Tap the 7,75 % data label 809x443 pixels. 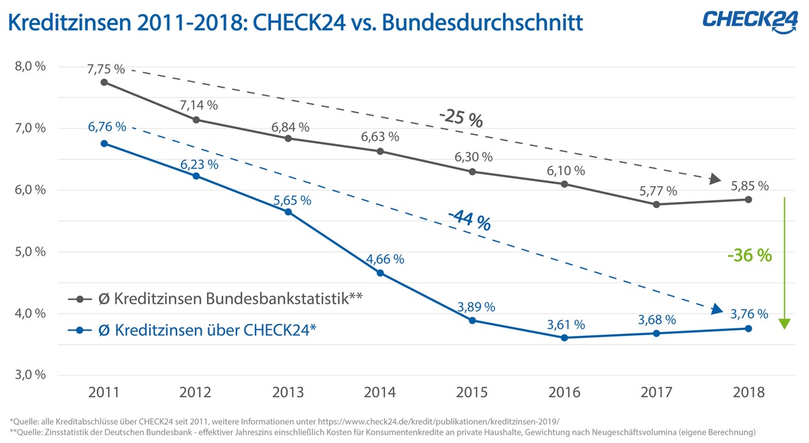[x=106, y=69]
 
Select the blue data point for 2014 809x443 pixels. [x=380, y=273]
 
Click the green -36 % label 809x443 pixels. [x=749, y=256]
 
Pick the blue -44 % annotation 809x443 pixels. [x=470, y=221]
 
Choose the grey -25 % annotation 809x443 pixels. [x=460, y=119]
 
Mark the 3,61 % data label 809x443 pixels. [x=565, y=325]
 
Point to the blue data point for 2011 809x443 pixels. [x=104, y=143]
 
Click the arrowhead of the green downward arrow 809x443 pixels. [x=784, y=324]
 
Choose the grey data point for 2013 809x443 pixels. [x=288, y=138]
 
